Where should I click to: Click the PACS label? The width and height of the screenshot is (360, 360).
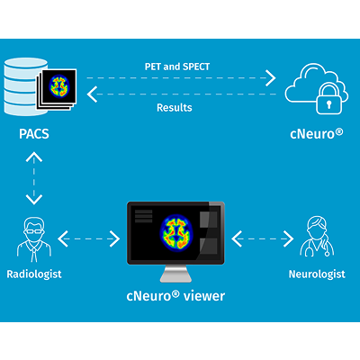click(x=34, y=134)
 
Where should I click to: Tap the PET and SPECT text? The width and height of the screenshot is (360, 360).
click(x=177, y=67)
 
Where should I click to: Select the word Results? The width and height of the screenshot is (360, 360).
click(x=175, y=107)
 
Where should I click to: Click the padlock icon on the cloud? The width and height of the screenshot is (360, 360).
click(x=328, y=100)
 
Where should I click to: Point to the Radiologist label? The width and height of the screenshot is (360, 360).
click(x=34, y=274)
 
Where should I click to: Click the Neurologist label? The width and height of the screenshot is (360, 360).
click(x=317, y=274)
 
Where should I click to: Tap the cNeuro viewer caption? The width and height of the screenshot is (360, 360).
click(x=175, y=296)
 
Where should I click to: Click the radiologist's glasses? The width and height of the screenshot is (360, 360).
click(x=34, y=231)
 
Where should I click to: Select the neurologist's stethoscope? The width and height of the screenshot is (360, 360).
click(x=318, y=249)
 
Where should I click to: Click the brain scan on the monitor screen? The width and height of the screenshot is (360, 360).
click(x=176, y=232)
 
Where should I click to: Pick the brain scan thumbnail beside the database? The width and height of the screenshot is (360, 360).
click(x=59, y=86)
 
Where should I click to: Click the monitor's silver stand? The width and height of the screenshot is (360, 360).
click(x=175, y=274)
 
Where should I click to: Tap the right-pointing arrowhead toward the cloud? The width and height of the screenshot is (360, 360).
click(x=271, y=78)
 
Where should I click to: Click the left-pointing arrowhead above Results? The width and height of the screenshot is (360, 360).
click(x=92, y=94)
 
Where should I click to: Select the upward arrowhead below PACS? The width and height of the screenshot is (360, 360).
click(x=34, y=157)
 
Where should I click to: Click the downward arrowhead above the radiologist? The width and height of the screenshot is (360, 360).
click(x=34, y=200)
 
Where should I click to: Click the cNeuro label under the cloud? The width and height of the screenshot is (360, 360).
click(x=316, y=133)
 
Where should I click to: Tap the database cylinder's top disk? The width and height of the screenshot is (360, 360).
click(x=26, y=64)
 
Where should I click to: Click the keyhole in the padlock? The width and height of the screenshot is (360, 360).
click(x=329, y=104)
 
